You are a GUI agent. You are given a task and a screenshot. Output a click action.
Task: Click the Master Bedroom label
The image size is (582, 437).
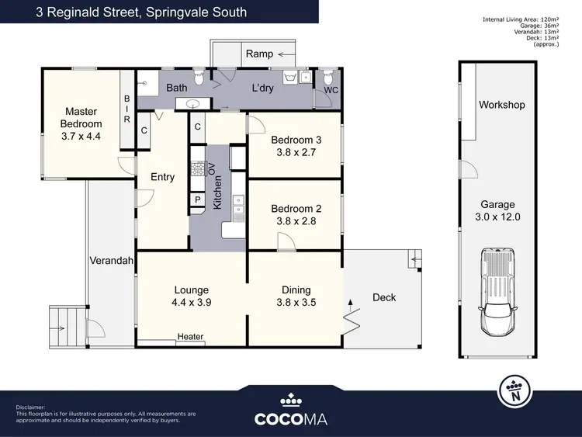pos(83,118)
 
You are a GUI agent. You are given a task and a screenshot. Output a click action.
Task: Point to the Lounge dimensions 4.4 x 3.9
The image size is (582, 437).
pos(192,303)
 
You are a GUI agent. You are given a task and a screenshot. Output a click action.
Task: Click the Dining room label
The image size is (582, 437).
pos(294,290)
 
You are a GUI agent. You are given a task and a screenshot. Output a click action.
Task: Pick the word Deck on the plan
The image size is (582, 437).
pos(384,297)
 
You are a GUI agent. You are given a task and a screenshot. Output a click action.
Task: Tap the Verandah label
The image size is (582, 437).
pos(109,260)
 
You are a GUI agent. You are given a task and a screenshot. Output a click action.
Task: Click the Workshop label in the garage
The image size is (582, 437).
pos(501,105)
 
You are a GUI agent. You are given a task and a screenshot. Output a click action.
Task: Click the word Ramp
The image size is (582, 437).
pos(259,54)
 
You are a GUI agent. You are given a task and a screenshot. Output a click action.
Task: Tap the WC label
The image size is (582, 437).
pos(331,90)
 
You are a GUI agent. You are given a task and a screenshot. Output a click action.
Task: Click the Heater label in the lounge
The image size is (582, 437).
pos(190,336)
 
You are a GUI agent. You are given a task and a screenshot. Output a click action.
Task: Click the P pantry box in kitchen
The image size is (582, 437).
pos(198,200)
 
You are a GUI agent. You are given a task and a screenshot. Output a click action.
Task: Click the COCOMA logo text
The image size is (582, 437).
pos(290,418)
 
